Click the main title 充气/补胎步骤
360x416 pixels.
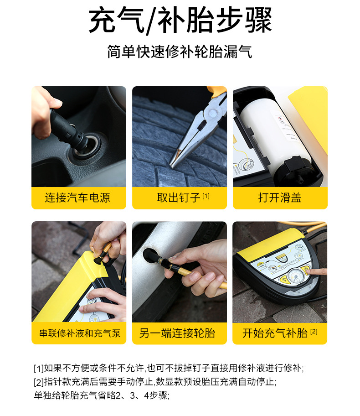point(180,20)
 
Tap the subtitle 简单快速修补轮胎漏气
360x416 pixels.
point(180,51)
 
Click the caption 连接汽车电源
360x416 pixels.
point(77,198)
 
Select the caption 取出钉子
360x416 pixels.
point(179,198)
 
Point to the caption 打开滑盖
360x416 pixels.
point(280,198)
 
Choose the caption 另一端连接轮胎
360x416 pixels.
point(177,333)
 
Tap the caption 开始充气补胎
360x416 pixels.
point(275,333)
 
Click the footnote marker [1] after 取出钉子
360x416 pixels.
point(206,196)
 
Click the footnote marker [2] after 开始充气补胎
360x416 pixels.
point(314,331)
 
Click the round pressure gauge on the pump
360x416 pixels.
point(295,276)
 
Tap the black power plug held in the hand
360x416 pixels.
point(69,130)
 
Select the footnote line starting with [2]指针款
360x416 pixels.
point(155,382)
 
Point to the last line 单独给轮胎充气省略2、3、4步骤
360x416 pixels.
point(102,395)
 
